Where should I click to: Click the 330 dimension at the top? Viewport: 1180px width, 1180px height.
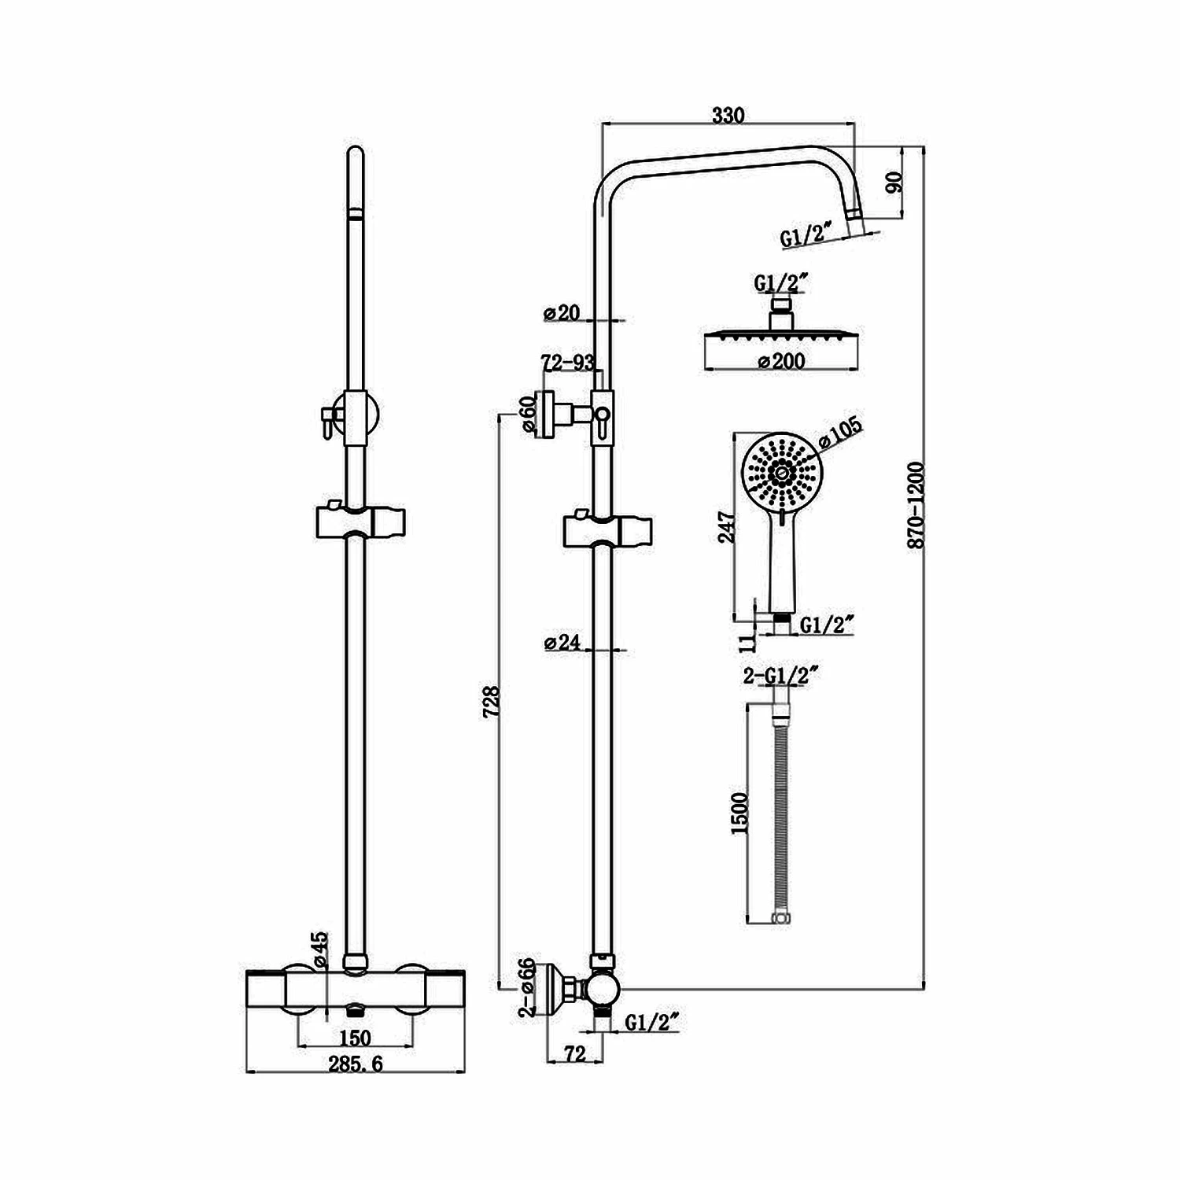(728, 115)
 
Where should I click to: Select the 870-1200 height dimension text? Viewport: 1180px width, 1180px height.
(915, 505)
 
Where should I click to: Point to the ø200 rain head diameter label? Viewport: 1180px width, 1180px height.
(780, 361)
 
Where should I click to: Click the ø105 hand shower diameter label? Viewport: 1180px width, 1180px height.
(841, 431)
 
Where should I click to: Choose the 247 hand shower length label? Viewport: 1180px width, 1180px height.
(727, 527)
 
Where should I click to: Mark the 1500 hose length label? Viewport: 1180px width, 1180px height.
(739, 813)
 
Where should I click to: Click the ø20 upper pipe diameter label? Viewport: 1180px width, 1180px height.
(562, 313)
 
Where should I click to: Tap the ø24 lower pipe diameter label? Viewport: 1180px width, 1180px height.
(562, 643)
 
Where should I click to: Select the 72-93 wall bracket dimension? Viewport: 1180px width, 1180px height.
(567, 363)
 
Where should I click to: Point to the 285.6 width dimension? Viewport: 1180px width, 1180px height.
(356, 1064)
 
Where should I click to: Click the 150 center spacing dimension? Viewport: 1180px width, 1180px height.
(355, 1038)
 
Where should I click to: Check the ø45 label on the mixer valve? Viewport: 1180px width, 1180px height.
(319, 950)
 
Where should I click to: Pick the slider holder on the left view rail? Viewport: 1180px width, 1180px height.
(360, 522)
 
